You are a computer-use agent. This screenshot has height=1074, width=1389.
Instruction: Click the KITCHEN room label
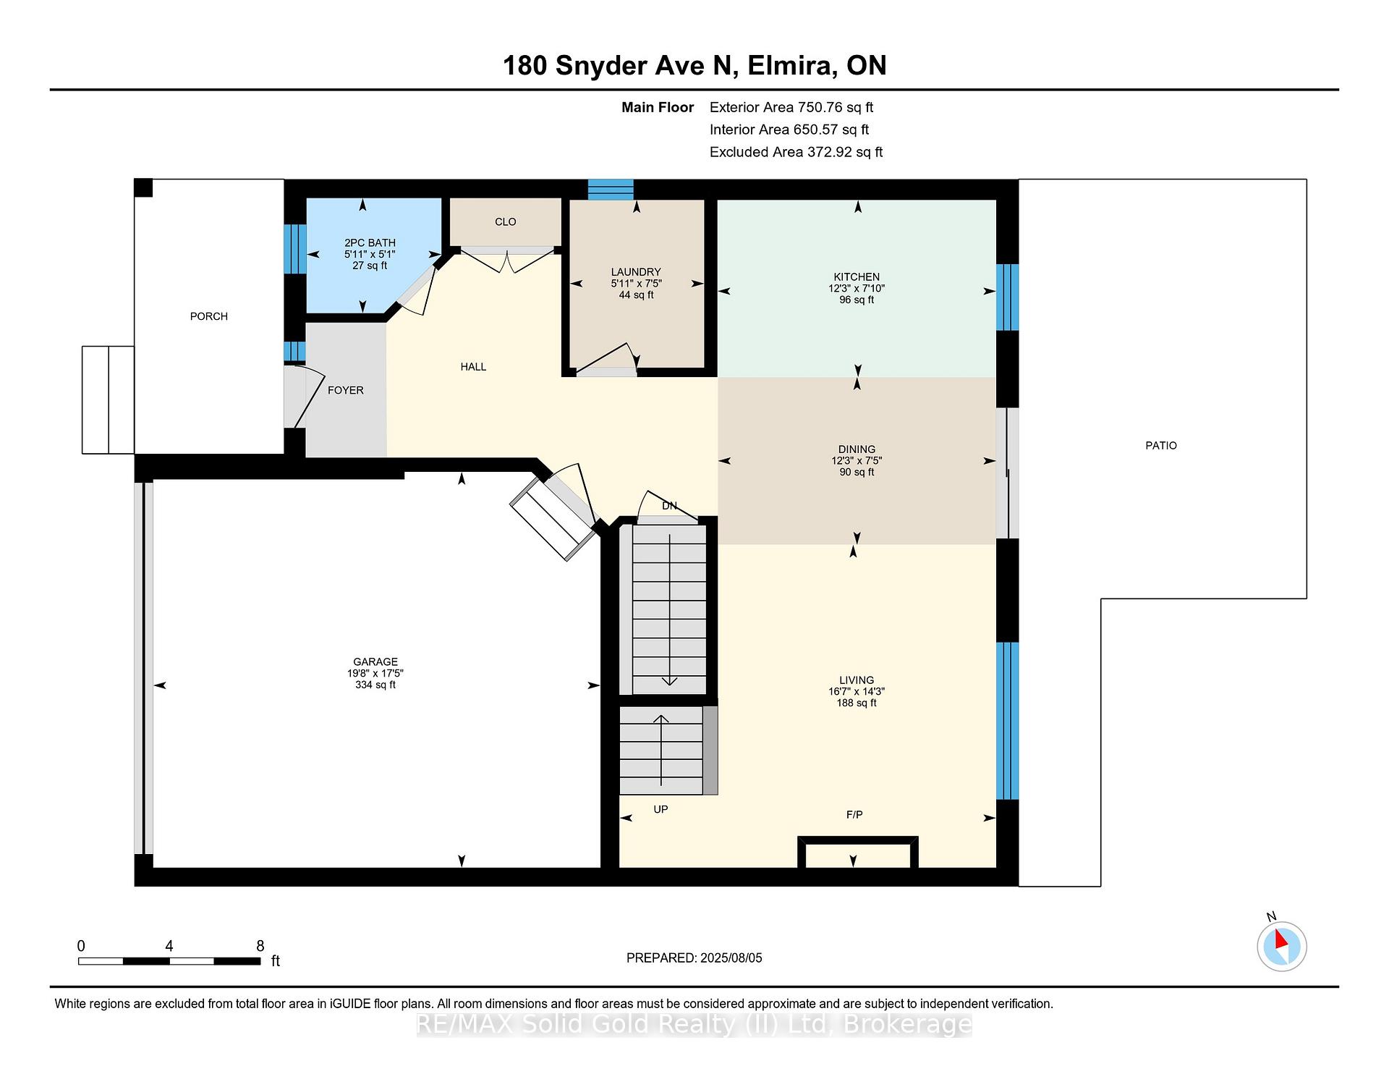point(857,276)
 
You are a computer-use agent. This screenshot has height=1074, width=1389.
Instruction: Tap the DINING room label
point(857,449)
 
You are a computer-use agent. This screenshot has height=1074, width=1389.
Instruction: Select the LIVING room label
point(857,680)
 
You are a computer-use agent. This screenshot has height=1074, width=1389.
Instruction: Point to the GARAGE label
point(375,661)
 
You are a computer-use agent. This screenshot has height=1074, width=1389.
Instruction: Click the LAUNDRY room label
point(636,272)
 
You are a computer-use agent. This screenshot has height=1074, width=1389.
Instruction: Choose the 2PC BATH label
point(370,242)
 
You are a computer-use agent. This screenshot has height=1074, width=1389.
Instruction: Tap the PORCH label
point(209,316)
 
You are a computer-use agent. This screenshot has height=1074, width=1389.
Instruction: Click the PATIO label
point(1161,445)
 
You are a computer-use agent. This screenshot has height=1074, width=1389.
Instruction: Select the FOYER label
point(346,390)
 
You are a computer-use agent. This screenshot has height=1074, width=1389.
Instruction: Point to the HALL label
point(473,367)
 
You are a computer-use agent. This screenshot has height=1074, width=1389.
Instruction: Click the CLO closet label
point(506,221)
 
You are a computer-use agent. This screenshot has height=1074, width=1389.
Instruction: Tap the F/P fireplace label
point(854,814)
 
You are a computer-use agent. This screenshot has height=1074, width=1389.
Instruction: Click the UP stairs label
point(660,809)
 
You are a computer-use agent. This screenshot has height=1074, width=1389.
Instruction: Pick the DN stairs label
point(669,506)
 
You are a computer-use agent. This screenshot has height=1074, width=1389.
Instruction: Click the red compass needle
point(1280,939)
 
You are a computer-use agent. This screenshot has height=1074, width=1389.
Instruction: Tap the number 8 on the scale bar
point(260,946)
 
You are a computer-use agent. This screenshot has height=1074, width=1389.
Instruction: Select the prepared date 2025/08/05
point(731,957)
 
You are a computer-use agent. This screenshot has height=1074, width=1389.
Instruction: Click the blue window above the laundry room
point(611,190)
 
